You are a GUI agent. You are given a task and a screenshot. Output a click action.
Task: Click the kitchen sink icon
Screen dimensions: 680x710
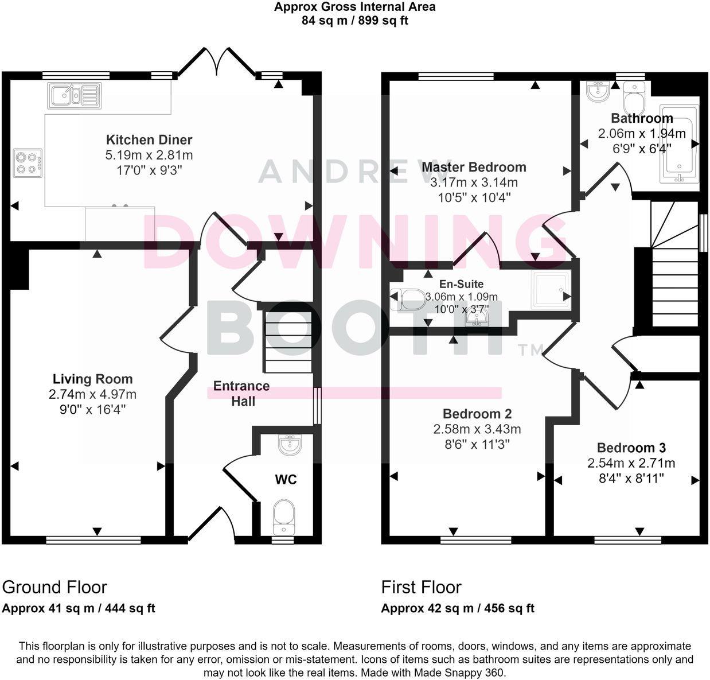(x=75, y=95)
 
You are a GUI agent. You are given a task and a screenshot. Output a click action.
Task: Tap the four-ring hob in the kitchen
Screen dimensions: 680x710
(x=28, y=161)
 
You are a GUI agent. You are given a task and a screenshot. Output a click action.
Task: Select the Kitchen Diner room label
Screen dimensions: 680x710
(x=149, y=140)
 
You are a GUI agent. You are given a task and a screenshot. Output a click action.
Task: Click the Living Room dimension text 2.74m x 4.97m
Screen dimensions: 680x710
(x=93, y=394)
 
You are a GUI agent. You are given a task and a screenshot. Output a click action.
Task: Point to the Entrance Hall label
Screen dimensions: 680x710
(x=241, y=394)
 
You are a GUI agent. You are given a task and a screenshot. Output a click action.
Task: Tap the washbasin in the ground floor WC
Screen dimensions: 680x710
(x=289, y=444)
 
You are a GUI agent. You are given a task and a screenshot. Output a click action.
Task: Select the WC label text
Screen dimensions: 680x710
(x=286, y=480)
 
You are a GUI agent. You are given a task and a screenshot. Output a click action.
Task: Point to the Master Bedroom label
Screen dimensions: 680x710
(x=474, y=168)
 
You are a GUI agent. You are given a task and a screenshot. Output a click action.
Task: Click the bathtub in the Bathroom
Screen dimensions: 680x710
(x=680, y=143)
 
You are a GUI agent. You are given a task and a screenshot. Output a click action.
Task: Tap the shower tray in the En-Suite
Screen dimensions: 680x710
(x=549, y=290)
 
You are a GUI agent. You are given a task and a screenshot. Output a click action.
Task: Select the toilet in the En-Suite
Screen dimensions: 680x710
(x=408, y=298)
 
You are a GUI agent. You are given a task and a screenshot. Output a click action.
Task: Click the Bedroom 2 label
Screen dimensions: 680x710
(x=477, y=414)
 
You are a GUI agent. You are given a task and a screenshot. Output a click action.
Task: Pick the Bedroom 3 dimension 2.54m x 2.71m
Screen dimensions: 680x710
(x=631, y=463)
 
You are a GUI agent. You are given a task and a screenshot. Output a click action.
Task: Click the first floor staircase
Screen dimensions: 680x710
(x=674, y=264)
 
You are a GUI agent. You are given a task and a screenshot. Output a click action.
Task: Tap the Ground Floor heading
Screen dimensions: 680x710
(x=54, y=587)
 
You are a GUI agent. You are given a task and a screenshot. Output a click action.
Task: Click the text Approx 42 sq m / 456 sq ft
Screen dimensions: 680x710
(x=458, y=608)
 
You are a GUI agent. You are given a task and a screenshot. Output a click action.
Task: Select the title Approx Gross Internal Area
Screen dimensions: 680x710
(x=354, y=7)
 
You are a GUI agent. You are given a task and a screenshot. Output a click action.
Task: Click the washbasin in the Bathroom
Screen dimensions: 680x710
(x=598, y=91)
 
